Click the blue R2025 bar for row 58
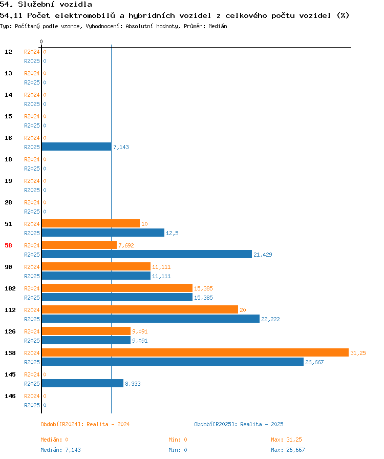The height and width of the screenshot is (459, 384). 146,254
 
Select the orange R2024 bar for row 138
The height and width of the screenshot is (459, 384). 195,352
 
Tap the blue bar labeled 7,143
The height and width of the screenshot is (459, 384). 77,147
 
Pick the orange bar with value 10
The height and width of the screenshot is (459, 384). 91,223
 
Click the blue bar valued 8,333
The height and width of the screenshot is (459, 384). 82,383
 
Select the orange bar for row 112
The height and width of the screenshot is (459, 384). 140,309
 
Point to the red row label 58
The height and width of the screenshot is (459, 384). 9,245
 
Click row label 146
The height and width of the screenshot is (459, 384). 10,396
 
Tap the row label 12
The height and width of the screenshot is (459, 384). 9,52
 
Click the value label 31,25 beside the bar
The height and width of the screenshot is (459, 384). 358,353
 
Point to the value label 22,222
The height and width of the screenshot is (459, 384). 270,319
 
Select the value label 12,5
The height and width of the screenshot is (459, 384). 172,233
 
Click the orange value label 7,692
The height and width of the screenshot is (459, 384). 126,245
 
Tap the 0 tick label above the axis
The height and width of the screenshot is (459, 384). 41,41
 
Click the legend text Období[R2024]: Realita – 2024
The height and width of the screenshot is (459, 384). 85,424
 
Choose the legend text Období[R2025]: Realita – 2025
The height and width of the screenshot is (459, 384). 239,424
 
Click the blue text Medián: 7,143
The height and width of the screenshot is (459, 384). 60,450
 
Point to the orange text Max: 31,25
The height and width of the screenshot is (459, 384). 286,440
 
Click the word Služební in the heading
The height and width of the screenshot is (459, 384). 36,5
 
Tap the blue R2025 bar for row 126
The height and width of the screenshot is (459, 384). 86,340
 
